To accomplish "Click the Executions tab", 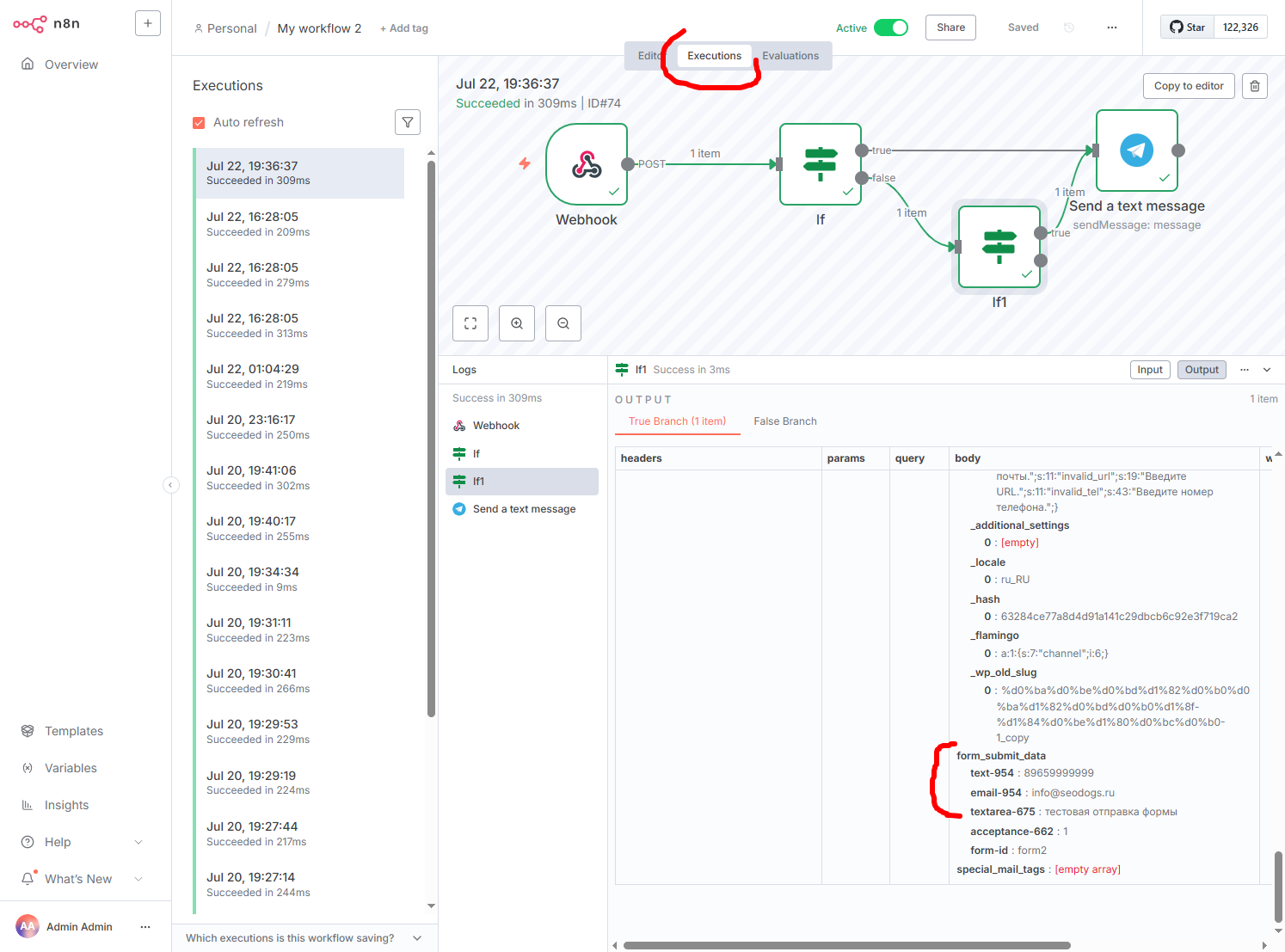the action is click(714, 56).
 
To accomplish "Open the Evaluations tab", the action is click(790, 56).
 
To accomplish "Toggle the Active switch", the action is click(890, 28).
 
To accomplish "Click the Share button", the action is click(950, 28).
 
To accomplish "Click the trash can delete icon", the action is click(1254, 86).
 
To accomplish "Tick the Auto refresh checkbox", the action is click(199, 123).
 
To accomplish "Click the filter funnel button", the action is click(408, 122).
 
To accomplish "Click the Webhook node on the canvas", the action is click(587, 164).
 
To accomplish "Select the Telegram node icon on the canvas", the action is click(1136, 150).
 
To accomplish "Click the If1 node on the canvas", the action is click(999, 247).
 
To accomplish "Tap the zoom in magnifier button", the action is click(516, 323).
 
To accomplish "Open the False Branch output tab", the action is click(784, 421).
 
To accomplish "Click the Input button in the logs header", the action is click(1149, 370).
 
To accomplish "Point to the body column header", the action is click(968, 458).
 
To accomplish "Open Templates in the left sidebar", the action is click(74, 731).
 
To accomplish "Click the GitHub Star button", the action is click(1186, 28).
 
